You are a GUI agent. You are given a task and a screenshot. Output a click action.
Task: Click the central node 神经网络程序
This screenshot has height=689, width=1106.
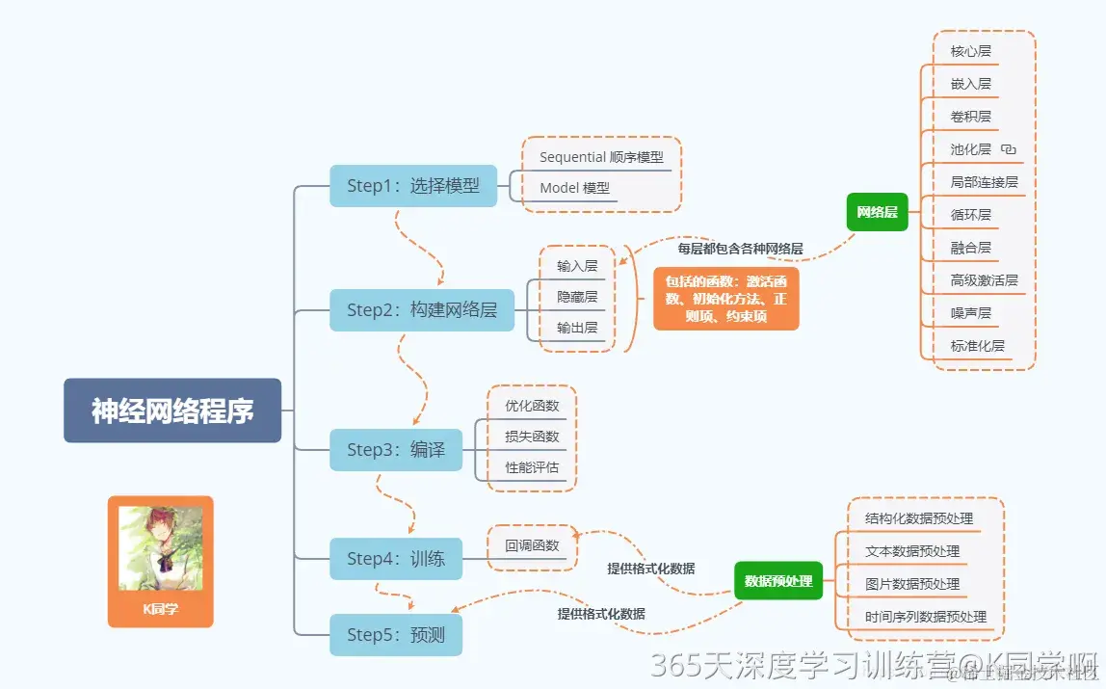point(172,411)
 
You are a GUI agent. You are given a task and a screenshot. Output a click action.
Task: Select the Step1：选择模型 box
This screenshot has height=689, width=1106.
point(413,186)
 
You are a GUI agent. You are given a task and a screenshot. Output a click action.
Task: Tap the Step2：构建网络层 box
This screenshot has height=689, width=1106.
point(422,310)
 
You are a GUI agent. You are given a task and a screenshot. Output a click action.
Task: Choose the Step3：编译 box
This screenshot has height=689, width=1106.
point(396,450)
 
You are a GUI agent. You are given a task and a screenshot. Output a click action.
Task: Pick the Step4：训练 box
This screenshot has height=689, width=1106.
point(396,559)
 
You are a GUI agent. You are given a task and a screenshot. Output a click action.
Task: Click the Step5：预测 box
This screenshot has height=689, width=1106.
point(396,635)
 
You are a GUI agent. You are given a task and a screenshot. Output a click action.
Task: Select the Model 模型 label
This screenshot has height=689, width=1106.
point(574,188)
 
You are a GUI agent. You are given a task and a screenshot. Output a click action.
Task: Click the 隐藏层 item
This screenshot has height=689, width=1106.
point(577,297)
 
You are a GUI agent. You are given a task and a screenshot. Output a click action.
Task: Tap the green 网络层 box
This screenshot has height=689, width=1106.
point(877,212)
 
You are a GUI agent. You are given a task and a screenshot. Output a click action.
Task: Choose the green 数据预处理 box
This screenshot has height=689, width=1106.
point(778,581)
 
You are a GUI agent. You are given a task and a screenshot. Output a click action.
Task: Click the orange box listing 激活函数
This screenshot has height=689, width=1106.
point(726,299)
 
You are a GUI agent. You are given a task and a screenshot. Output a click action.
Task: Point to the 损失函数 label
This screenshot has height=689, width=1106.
point(532,437)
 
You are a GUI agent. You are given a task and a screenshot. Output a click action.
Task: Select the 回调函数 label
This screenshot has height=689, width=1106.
point(532,545)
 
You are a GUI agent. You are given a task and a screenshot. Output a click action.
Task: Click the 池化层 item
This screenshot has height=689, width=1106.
point(970,149)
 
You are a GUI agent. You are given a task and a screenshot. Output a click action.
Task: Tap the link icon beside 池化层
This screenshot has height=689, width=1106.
point(1009,149)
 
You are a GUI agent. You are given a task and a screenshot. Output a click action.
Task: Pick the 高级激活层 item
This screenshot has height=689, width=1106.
point(984,280)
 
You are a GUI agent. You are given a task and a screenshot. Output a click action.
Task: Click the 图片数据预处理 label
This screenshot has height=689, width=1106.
point(911,584)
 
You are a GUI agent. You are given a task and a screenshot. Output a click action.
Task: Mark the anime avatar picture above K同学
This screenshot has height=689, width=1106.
point(160,548)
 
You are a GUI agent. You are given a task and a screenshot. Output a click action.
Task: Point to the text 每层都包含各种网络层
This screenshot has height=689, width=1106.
point(740,248)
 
